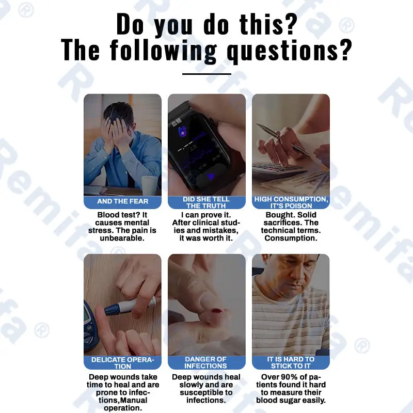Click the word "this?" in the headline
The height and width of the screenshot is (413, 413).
point(268,24)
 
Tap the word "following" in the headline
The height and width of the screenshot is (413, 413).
point(163,50)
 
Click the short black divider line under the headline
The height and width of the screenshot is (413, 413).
point(207,74)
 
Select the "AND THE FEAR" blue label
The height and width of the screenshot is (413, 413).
point(122,201)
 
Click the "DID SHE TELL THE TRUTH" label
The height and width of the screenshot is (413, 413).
point(206,202)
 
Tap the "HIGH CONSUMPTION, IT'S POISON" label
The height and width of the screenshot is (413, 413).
point(291,202)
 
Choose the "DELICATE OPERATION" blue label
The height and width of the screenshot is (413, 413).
point(122,363)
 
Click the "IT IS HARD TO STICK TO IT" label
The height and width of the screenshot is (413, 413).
point(291,363)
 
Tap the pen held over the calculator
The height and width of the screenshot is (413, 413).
point(283,139)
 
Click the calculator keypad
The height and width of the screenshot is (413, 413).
point(277,171)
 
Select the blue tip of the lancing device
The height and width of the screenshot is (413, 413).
point(113,309)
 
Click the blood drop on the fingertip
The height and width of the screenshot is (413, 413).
point(217,311)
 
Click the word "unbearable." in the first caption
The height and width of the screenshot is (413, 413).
point(122,239)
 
